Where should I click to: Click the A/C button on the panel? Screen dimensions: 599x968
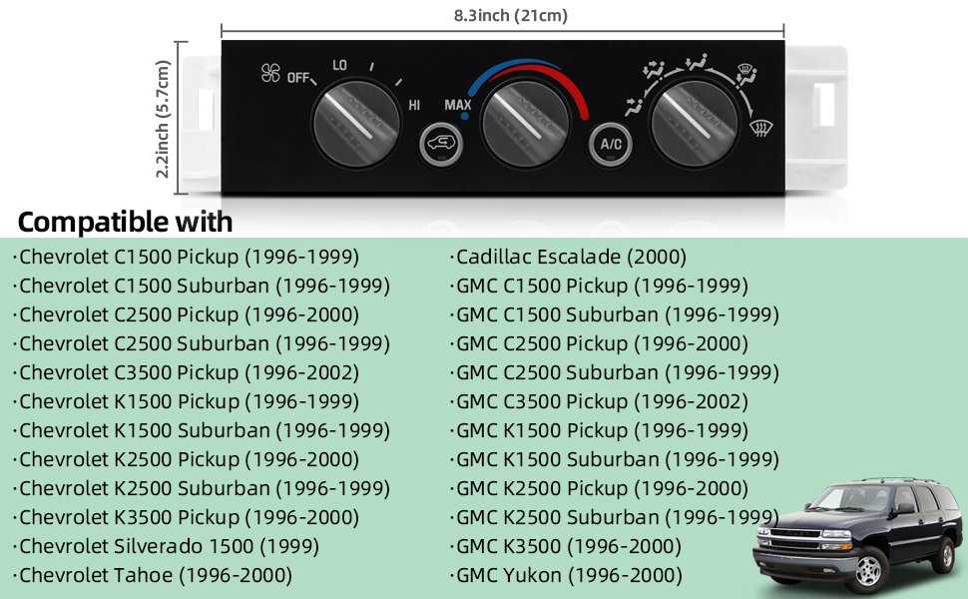[x=611, y=144]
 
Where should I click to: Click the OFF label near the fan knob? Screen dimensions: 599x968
[x=298, y=77]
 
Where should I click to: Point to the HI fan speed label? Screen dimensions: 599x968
[x=414, y=104]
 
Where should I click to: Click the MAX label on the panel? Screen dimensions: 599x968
[x=458, y=105]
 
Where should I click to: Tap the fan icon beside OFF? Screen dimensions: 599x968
[x=270, y=73]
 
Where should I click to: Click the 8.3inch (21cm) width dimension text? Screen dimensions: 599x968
[x=497, y=15]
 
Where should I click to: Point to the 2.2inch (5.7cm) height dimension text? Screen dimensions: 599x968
[x=164, y=119]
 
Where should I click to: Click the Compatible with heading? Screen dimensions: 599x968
[x=125, y=221]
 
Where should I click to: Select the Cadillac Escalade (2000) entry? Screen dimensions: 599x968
[x=571, y=257]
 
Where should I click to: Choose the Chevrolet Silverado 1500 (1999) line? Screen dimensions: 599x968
[x=169, y=546]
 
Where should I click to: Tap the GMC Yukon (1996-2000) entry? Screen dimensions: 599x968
[x=569, y=575]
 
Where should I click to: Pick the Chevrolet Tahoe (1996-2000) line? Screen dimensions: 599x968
[x=156, y=575]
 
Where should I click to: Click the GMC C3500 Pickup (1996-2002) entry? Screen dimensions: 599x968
[x=602, y=401]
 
